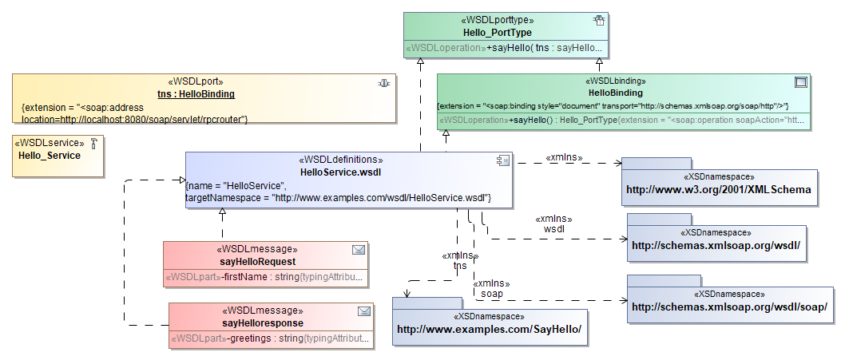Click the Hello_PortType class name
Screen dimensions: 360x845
click(498, 33)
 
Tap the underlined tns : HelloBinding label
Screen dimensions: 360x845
click(196, 93)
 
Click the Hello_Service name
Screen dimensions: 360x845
click(50, 156)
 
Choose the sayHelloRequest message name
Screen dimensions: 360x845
click(258, 261)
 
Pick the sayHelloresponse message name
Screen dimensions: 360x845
click(263, 322)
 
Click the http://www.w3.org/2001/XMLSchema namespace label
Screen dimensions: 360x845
click(719, 190)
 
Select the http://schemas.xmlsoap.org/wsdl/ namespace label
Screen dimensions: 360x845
click(716, 246)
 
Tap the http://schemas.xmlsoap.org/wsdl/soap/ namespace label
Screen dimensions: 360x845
click(729, 307)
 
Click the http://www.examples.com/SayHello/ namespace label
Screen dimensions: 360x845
click(489, 329)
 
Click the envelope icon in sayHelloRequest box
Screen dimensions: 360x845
click(359, 250)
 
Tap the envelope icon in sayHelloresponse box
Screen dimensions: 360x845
click(364, 311)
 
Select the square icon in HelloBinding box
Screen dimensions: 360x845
click(800, 81)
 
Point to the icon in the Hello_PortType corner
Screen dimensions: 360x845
click(598, 21)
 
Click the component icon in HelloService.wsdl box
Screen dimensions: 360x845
click(502, 160)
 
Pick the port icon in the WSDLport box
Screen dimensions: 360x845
click(384, 82)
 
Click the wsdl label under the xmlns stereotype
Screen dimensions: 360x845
click(554, 228)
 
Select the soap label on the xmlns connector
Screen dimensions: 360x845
click(491, 294)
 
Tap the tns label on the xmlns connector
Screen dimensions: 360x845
click(459, 266)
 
